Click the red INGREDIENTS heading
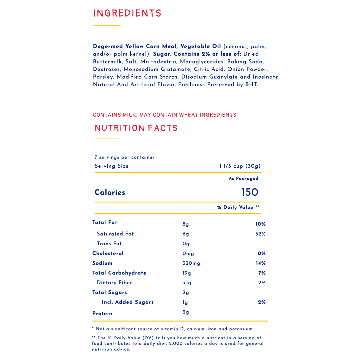tap(127, 13)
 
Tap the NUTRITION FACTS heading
tap(136, 128)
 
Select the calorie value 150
tap(250, 192)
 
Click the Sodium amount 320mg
tap(191, 263)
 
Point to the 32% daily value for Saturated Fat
tap(260, 234)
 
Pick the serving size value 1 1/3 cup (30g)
tap(240, 166)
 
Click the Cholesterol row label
tap(108, 253)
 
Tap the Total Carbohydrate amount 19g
tap(187, 273)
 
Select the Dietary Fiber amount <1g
tap(187, 283)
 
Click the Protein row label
tap(102, 313)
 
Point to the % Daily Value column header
tap(238, 207)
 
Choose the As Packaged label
tap(243, 179)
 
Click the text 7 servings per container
tap(124, 157)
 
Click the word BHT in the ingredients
tap(251, 85)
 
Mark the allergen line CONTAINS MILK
tap(115, 115)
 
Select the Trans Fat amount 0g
tap(186, 244)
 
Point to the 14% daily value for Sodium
tap(260, 263)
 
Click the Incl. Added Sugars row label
tap(128, 302)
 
